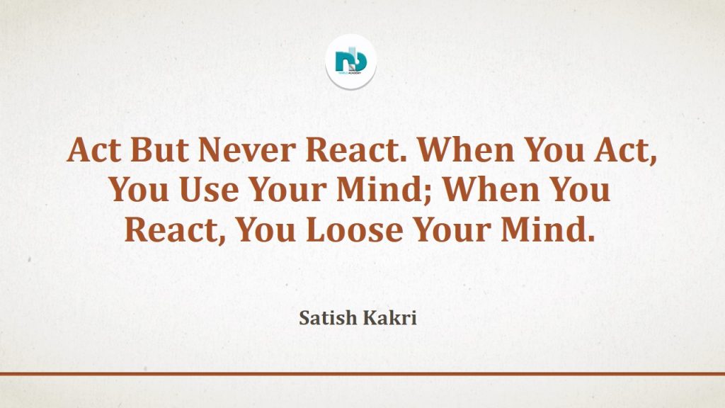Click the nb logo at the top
coord(350,62)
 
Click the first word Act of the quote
coord(94,150)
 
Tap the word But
coord(159,150)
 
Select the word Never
coord(247,150)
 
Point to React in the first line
coord(357,150)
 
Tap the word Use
coord(209,190)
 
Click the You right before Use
coord(139,190)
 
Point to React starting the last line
coord(171,230)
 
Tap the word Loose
coord(354,229)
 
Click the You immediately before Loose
coord(266,229)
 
